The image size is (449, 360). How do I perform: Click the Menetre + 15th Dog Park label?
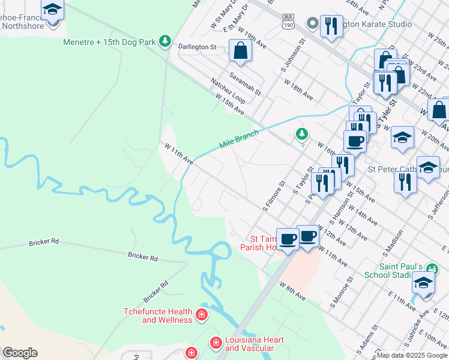pos(109,42)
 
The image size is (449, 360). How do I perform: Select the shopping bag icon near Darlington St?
pos(240,51)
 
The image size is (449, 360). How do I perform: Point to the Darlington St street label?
pos(197,46)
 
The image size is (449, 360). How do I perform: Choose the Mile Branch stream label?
pos(239,139)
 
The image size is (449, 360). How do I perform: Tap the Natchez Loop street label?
pos(227,90)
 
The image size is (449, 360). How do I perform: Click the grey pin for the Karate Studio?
pos(312,24)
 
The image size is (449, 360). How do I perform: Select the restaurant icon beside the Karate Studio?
pos(331,25)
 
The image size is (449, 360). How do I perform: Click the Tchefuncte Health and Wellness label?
pos(158,316)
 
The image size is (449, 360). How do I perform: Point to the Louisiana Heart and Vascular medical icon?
pos(215,343)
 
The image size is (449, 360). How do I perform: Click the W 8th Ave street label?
pos(292,292)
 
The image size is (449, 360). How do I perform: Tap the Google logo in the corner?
pos(20,353)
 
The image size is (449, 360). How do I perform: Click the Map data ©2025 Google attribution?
pos(412,355)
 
